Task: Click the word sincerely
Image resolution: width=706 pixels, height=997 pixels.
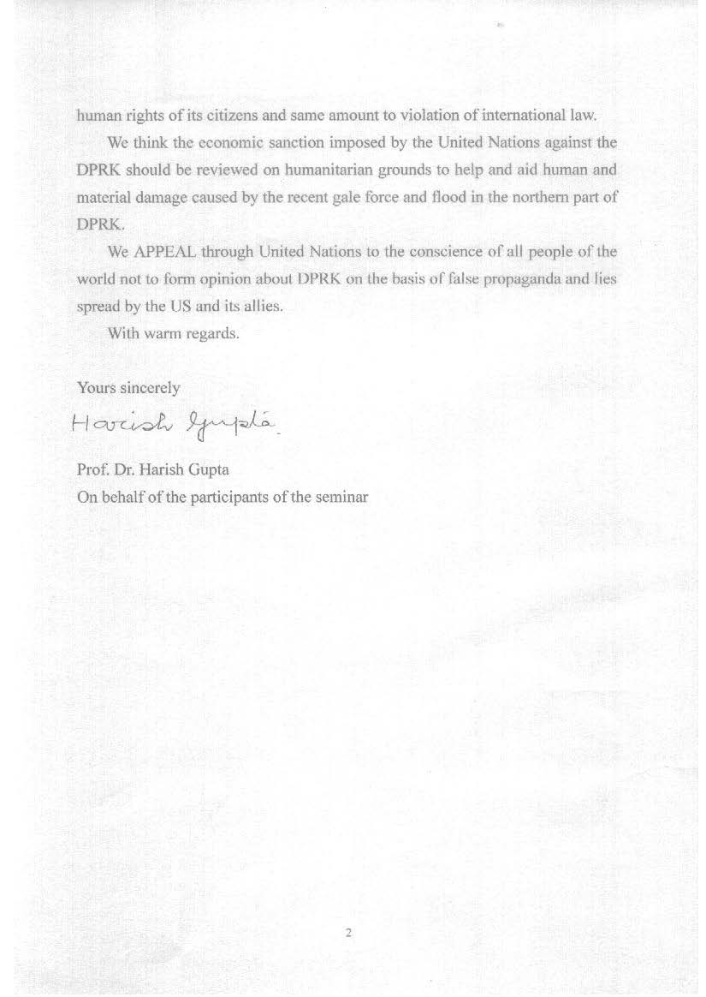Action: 150,388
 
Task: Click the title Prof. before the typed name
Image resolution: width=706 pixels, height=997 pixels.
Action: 92,469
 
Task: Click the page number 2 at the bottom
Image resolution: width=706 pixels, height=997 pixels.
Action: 348,933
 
